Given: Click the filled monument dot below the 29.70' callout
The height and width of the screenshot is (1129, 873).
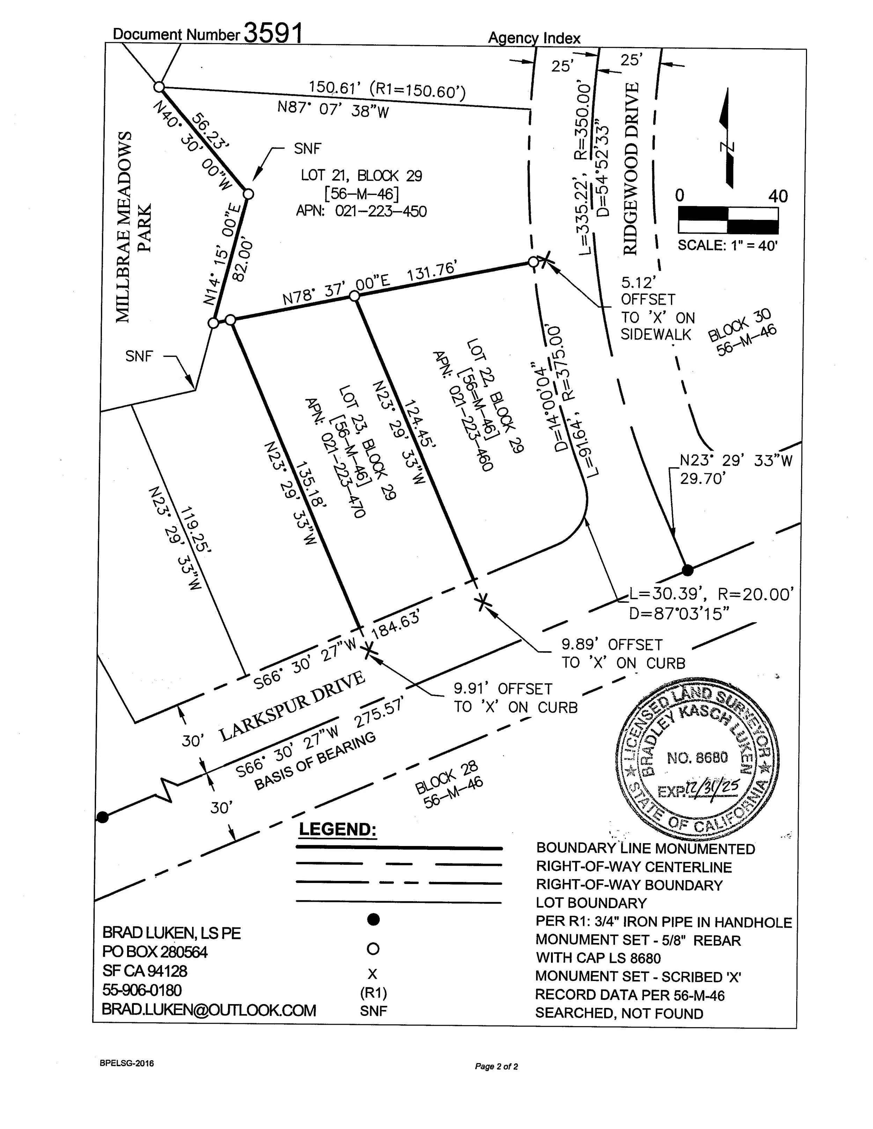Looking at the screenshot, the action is tap(687, 570).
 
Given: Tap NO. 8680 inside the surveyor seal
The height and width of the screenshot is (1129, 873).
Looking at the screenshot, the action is tap(697, 758).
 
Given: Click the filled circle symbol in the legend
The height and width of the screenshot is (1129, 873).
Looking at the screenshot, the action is tap(373, 919).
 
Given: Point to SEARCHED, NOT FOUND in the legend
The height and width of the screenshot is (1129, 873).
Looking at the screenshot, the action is tap(619, 1013).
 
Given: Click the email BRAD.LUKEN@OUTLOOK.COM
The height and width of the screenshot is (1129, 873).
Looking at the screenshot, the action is tap(208, 1010).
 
